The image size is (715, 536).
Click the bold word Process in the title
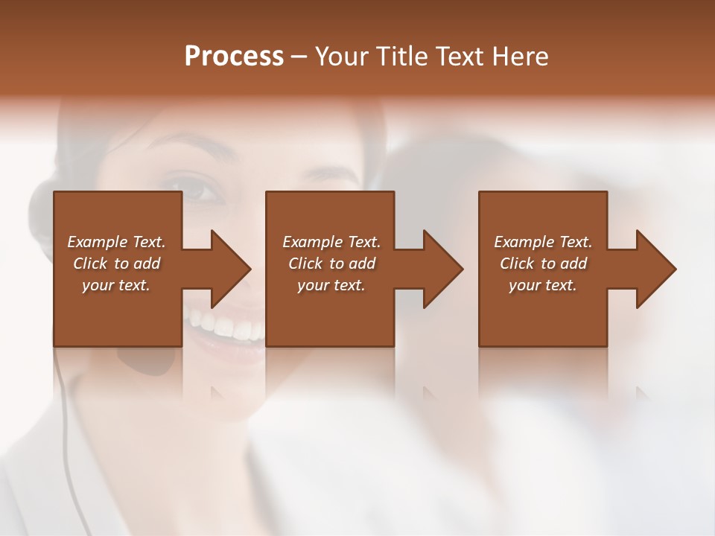(234, 57)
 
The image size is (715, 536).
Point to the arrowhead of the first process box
(232, 269)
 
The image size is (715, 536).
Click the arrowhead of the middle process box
(444, 269)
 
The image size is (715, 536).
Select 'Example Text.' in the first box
(116, 242)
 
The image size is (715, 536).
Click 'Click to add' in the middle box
(331, 264)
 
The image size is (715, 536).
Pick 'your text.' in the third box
(542, 285)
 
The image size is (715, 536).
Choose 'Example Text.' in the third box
(542, 242)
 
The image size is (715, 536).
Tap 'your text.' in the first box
(116, 285)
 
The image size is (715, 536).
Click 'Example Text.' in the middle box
(331, 242)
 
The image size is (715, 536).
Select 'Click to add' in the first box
(116, 264)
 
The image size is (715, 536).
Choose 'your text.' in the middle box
(331, 285)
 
